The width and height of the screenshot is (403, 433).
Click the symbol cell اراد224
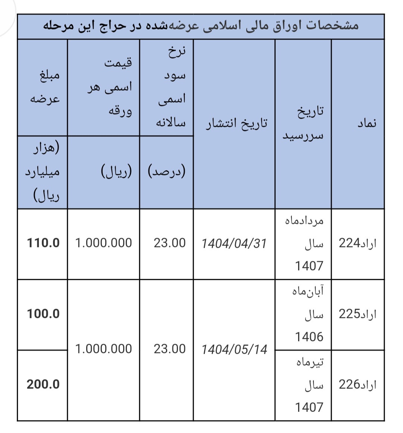[357, 243]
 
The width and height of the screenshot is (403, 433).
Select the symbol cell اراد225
[357, 314]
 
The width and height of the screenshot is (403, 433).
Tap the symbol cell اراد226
[357, 384]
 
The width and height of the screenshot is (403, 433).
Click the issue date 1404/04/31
[234, 244]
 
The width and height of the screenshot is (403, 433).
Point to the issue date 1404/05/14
[234, 349]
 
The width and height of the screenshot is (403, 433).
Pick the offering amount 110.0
[43, 243]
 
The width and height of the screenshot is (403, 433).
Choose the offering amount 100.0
[43, 314]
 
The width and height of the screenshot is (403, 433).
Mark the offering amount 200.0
[43, 384]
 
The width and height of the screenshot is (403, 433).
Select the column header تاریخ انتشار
[237, 123]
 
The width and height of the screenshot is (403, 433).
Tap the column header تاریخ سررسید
[303, 123]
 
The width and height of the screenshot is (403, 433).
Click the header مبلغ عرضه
[44, 88]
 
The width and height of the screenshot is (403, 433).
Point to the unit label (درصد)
[167, 172]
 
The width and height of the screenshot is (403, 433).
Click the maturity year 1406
[309, 337]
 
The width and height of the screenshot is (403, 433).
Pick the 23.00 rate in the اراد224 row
[169, 243]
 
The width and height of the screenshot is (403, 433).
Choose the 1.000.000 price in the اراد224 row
[103, 243]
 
